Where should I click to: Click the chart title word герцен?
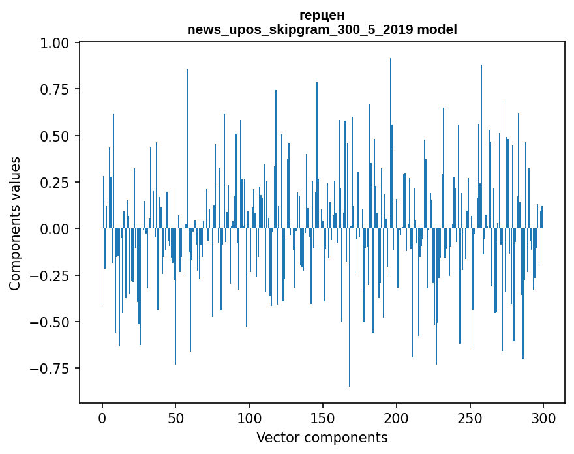(x=322, y=16)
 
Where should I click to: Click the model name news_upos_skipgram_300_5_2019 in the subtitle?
(x=300, y=30)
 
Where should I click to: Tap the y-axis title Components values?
(x=15, y=223)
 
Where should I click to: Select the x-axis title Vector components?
(x=322, y=438)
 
